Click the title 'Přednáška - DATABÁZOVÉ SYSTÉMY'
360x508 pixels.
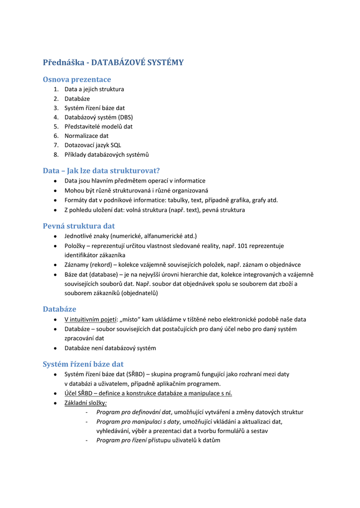[x=113, y=63]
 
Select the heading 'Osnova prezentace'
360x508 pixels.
[x=77, y=79]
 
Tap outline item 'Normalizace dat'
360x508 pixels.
[x=86, y=135]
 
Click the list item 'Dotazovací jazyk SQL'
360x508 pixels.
[x=93, y=145]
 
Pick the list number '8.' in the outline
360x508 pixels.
[x=56, y=154]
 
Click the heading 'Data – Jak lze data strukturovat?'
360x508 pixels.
[x=101, y=171]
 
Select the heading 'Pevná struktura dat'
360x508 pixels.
[x=78, y=226]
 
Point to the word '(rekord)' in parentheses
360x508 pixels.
[x=101, y=264]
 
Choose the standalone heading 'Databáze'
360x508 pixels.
[x=60, y=309]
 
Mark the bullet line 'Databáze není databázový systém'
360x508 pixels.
[x=110, y=348]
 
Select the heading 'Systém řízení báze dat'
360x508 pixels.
[x=83, y=364]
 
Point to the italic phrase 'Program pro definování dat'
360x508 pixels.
[x=134, y=412]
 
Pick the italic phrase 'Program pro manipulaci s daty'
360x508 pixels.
[x=138, y=422]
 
